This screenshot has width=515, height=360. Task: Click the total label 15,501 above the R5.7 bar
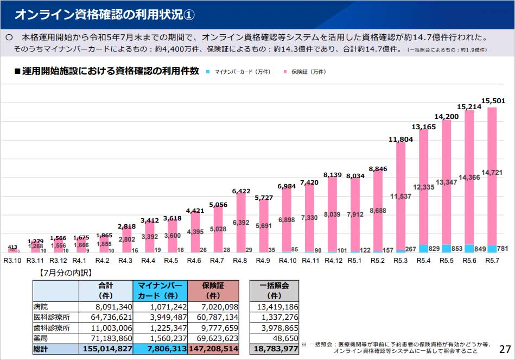[493, 101]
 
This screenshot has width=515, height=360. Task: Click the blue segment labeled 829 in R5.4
[424, 249]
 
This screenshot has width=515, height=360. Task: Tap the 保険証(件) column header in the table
[213, 290]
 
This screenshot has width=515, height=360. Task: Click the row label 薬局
[41, 338]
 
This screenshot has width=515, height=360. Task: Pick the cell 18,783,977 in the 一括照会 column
[274, 349]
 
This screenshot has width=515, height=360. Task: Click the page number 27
[505, 349]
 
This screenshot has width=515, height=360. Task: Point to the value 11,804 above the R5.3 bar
[401, 140]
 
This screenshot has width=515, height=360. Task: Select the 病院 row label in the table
[41, 307]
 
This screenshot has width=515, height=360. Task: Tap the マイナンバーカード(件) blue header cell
[160, 290]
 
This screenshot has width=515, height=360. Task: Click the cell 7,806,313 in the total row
[160, 349]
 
